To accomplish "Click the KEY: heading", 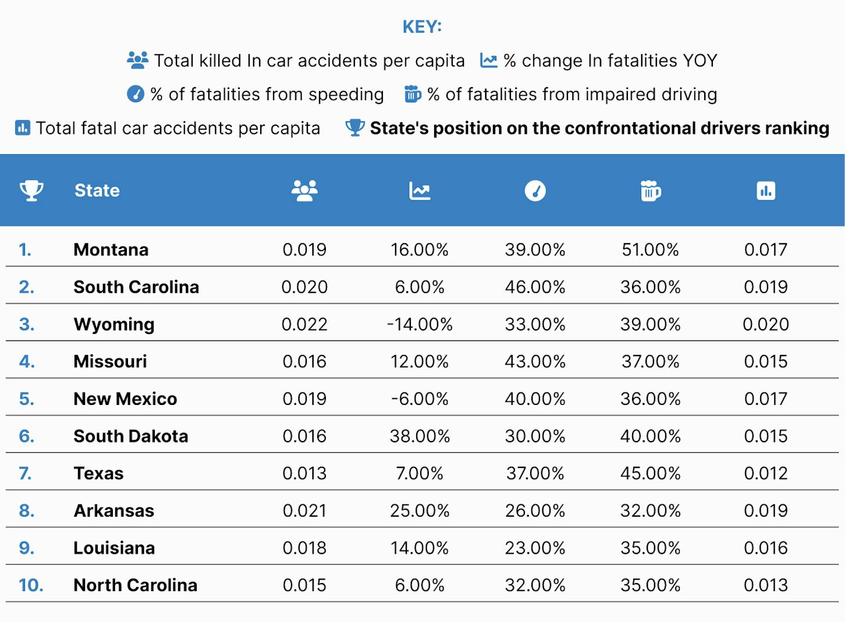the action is [422, 27].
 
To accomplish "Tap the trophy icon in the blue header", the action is [31, 190].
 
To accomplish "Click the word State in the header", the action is [97, 190].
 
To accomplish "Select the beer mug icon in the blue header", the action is [651, 190].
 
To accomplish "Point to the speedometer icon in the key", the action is [136, 94].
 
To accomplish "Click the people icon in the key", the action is [138, 61].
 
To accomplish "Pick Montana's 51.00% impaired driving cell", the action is [650, 250].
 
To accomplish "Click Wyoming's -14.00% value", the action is [420, 325].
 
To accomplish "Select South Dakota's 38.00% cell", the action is [420, 436].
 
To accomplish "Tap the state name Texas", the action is [98, 474].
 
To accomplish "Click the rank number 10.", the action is [31, 585].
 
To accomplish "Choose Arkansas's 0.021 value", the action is [304, 511].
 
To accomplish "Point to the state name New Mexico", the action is [125, 399].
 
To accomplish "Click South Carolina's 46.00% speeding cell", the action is [535, 287].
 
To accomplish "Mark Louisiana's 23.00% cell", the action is [535, 548].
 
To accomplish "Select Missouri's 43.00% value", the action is [535, 362].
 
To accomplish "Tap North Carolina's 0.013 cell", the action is [766, 585].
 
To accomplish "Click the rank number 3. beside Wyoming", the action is [27, 325].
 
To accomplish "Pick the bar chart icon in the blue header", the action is [766, 190].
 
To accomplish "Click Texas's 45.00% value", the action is [651, 474].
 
